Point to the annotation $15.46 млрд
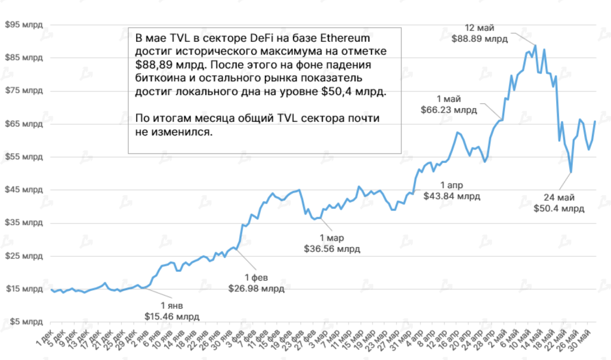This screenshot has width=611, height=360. point(172,316)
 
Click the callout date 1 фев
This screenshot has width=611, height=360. point(257,278)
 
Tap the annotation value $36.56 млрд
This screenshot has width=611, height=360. point(332,248)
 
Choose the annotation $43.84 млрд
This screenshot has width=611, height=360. point(451,195)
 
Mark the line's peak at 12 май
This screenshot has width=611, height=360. point(535,45)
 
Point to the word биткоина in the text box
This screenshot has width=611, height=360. point(160,79)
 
